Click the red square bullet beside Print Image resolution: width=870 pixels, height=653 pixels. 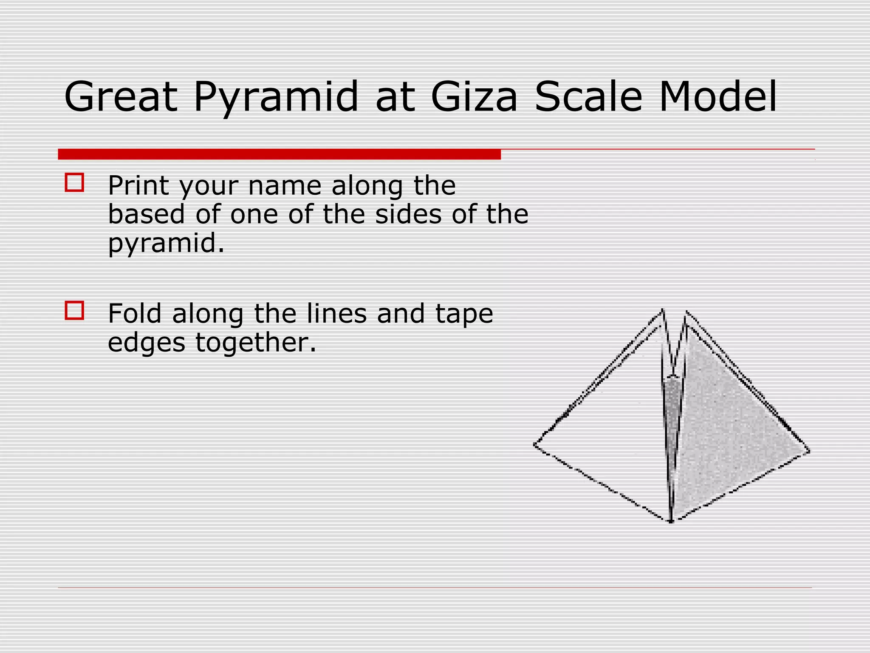pyautogui.click(x=74, y=183)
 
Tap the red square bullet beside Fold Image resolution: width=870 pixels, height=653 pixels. pyautogui.click(x=74, y=310)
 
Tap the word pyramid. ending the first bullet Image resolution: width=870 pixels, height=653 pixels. pyautogui.click(x=166, y=244)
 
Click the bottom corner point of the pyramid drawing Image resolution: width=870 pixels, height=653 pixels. pyautogui.click(x=671, y=521)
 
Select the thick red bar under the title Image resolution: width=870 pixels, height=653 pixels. pyautogui.click(x=279, y=154)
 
